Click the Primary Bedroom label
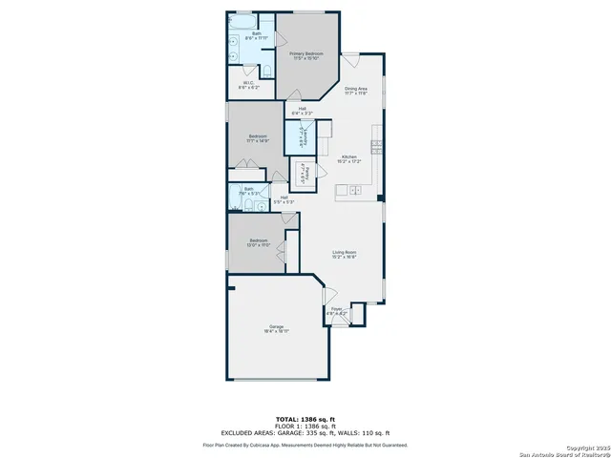click(x=307, y=56)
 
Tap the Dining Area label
click(x=356, y=91)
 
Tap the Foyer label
click(x=337, y=310)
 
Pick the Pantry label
click(x=305, y=177)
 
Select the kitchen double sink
click(x=355, y=191)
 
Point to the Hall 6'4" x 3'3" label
click(x=302, y=111)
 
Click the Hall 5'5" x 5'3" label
click(x=284, y=200)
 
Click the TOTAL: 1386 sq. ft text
click(x=305, y=419)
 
